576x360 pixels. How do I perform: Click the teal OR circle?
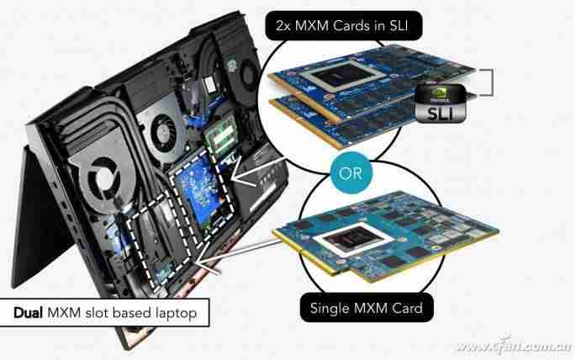pos(351,172)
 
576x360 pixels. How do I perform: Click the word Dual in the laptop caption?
pos(28,313)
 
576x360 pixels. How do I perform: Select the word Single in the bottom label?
pos(331,308)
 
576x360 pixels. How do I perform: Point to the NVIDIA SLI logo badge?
pos(441,103)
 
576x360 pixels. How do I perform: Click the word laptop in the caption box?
pos(177,314)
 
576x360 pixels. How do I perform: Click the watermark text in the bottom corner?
pos(514,345)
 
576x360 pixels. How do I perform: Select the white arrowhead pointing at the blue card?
pos(240,172)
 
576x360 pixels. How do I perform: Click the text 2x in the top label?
pos(283,26)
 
